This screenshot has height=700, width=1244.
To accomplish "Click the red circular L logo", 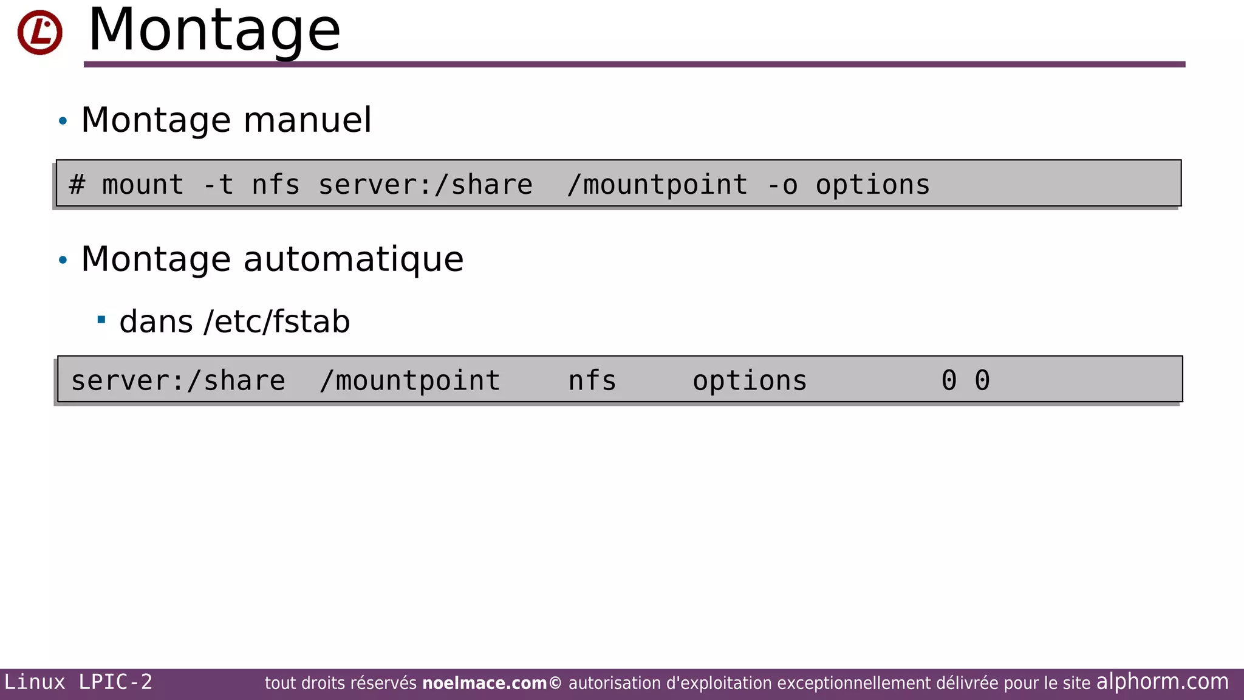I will click(x=39, y=32).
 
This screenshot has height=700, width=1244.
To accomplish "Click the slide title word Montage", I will click(x=214, y=30).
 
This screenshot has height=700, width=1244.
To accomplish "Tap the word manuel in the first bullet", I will click(x=307, y=120).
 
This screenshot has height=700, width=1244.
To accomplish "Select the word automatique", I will click(x=354, y=259).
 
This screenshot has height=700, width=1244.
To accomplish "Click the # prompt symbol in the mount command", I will click(x=77, y=185).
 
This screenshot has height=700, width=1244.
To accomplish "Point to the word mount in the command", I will click(x=143, y=185).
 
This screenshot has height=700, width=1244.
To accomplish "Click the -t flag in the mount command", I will click(x=218, y=185).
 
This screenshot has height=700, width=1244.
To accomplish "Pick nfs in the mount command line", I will click(x=275, y=185).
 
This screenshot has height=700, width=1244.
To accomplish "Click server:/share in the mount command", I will click(x=425, y=185).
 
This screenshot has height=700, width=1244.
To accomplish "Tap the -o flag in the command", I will click(x=782, y=185).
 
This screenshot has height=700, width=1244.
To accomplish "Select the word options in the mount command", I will click(x=872, y=185).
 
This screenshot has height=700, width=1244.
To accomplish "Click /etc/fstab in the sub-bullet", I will click(x=277, y=321).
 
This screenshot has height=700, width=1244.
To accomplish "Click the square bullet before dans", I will click(x=101, y=319).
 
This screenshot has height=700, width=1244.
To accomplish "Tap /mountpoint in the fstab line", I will click(x=410, y=381).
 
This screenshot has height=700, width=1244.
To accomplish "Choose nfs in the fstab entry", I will click(x=592, y=381).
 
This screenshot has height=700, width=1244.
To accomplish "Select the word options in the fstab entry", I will click(x=750, y=381).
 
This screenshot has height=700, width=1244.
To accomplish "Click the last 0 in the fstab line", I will click(x=982, y=381).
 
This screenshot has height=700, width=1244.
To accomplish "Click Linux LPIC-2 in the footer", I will click(x=78, y=682).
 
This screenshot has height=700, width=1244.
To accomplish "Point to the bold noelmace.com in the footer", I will click(x=484, y=684).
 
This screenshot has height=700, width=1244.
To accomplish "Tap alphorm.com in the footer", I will click(x=1162, y=682).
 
